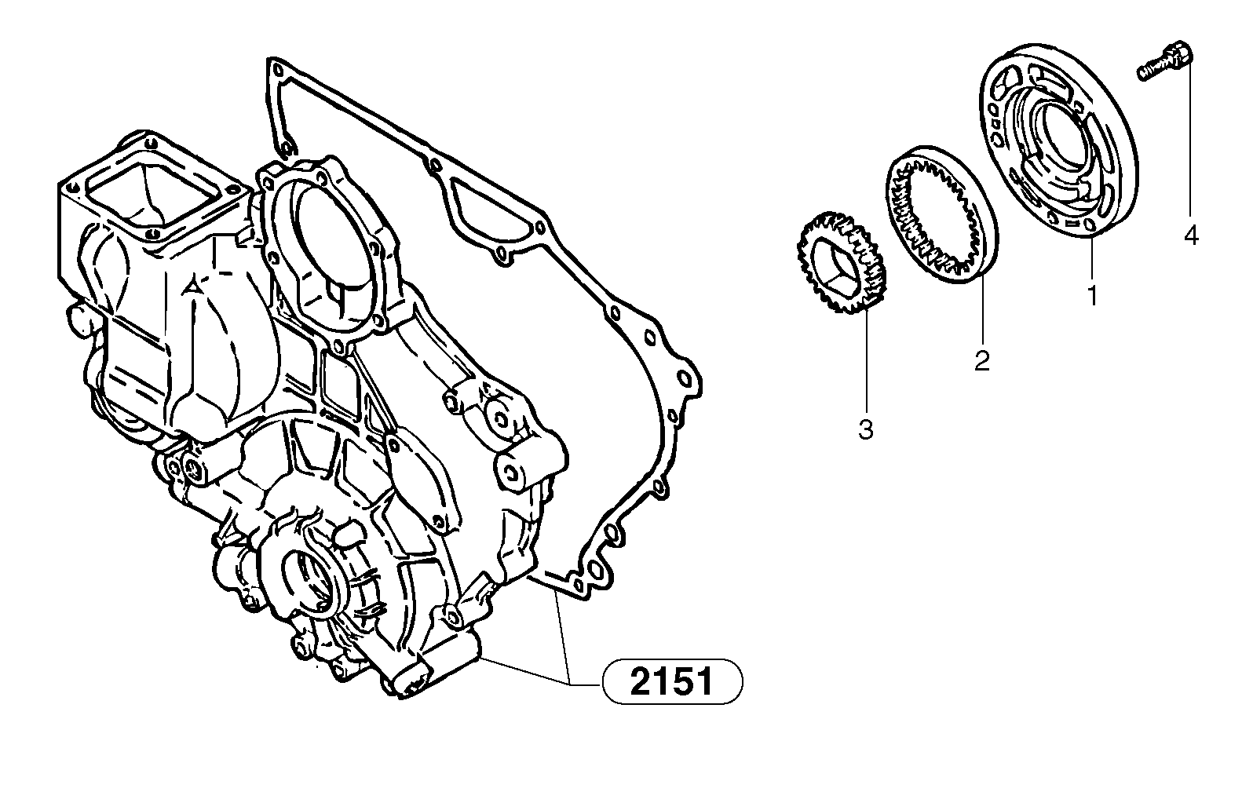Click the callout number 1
point(1091,296)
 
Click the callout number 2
point(982,360)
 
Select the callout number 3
point(865,429)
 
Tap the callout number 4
point(1191,235)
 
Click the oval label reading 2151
point(672,681)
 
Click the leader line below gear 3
point(866,361)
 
